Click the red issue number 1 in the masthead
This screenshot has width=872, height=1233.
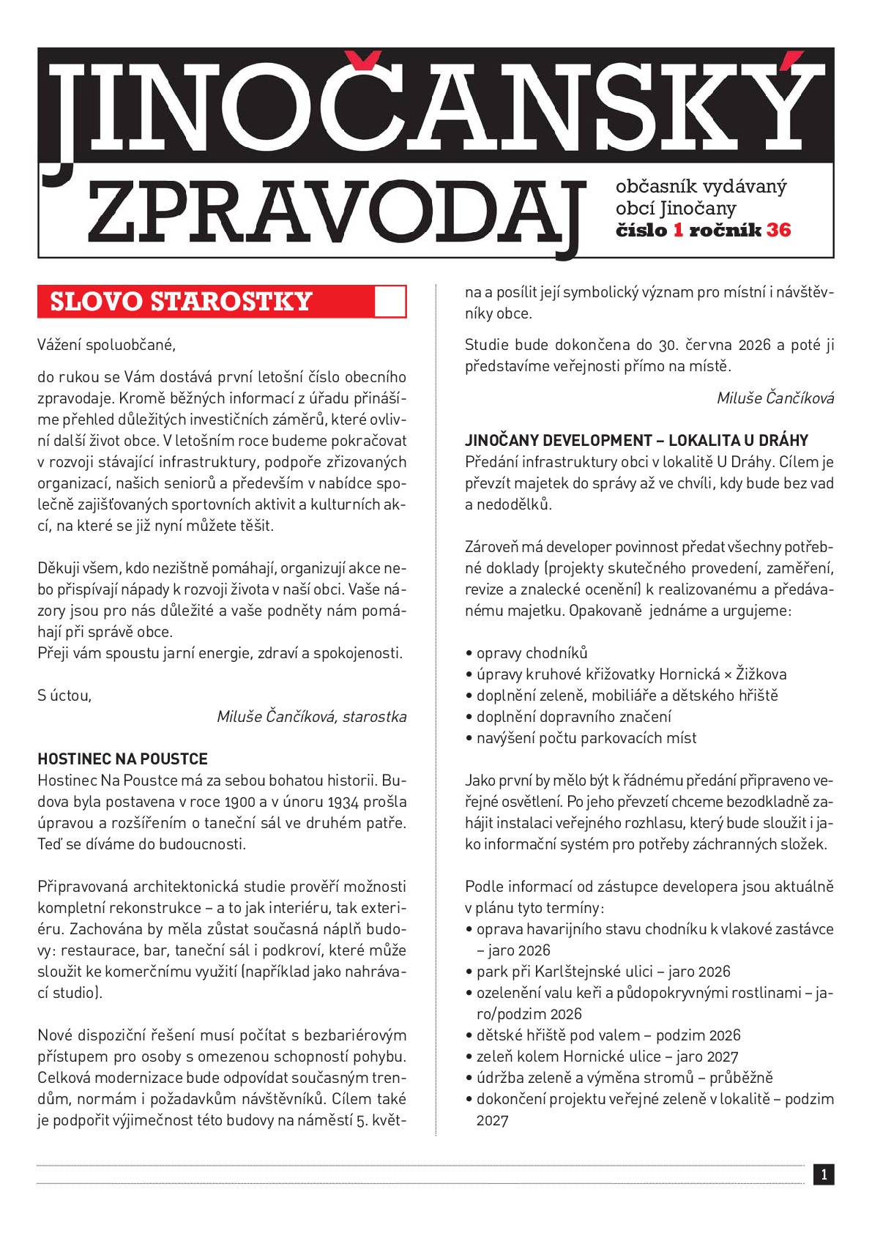click(x=678, y=230)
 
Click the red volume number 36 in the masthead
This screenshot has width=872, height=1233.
click(x=778, y=230)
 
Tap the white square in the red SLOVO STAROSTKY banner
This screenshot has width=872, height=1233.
click(x=390, y=302)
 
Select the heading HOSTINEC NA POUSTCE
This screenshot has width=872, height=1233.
click(x=122, y=759)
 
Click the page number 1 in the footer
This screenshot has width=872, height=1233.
click(x=824, y=1175)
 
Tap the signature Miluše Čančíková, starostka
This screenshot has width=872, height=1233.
click(x=311, y=716)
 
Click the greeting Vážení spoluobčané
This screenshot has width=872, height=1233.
click(x=107, y=343)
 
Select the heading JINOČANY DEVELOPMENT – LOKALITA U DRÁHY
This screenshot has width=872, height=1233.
click(x=636, y=441)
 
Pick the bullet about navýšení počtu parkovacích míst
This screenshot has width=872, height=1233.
click(x=586, y=737)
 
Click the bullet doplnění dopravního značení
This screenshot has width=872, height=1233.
click(x=573, y=716)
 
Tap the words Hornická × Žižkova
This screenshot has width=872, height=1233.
click(x=723, y=674)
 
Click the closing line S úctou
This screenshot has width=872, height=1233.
click(x=64, y=695)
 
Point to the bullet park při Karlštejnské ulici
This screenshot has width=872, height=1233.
click(x=603, y=972)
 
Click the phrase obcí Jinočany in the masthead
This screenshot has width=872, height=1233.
click(x=676, y=208)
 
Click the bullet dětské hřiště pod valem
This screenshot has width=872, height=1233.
click(x=608, y=1035)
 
